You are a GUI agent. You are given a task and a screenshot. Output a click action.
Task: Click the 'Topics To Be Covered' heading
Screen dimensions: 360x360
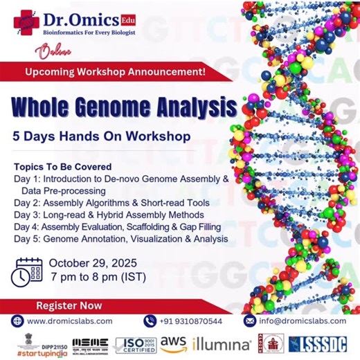point(62,168)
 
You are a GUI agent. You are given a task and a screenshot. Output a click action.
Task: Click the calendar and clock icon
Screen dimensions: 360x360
point(28,271)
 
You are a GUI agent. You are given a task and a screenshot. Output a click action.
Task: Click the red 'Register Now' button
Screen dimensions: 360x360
point(64,305)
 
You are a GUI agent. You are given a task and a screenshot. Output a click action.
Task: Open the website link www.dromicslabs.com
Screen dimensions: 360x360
point(69,321)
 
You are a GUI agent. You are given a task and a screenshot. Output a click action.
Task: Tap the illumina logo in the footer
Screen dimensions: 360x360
point(222,343)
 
